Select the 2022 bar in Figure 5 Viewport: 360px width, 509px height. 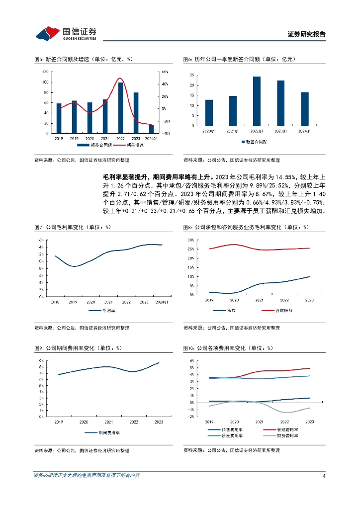pyautogui.click(x=120, y=108)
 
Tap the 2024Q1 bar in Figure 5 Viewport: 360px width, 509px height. pyautogui.click(x=151, y=129)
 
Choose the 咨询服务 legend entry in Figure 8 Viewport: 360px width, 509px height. pyautogui.click(x=284, y=311)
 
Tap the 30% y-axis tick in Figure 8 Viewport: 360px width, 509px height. pyautogui.click(x=190, y=240)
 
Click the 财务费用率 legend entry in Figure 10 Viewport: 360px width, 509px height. pyautogui.click(x=288, y=435)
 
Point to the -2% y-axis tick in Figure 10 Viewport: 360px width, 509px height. pyautogui.click(x=190, y=417)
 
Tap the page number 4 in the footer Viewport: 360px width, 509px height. pyautogui.click(x=324, y=476)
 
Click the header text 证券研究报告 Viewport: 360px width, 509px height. pyautogui.click(x=307, y=34)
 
